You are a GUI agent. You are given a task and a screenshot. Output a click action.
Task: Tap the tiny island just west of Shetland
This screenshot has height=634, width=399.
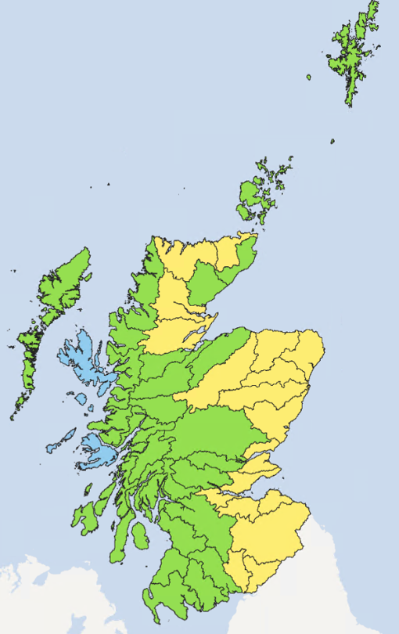click(x=309, y=77)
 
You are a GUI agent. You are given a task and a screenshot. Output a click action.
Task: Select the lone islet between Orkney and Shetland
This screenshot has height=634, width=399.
click(x=332, y=142)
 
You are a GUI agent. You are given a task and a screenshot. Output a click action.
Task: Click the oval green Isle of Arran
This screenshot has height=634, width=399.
click(x=138, y=536)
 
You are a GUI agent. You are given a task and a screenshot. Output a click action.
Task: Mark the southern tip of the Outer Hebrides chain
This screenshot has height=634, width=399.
click(x=13, y=417)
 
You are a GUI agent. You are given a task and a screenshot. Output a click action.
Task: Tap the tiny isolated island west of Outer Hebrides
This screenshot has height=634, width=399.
click(x=13, y=271)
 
